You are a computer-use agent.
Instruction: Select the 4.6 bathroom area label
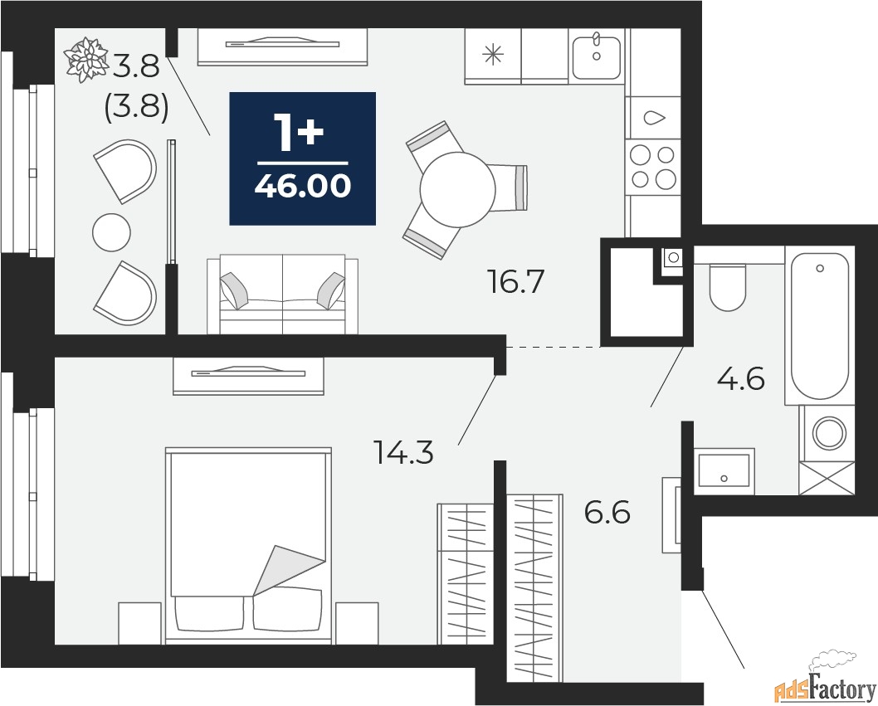tap(740, 379)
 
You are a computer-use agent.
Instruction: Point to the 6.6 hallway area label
tap(607, 512)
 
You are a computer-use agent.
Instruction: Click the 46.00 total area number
tap(302, 186)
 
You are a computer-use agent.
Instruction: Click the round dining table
tap(457, 188)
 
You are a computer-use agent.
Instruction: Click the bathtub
tap(819, 325)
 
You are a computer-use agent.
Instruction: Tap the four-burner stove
tap(653, 167)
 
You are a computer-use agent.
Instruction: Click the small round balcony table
tap(111, 231)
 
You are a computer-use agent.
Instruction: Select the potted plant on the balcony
tap(85, 60)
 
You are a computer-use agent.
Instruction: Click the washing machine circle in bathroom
tap(829, 433)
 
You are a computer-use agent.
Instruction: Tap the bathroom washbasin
tap(724, 471)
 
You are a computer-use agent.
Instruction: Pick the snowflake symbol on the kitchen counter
tap(493, 54)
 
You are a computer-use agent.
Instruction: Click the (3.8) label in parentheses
tap(137, 105)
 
